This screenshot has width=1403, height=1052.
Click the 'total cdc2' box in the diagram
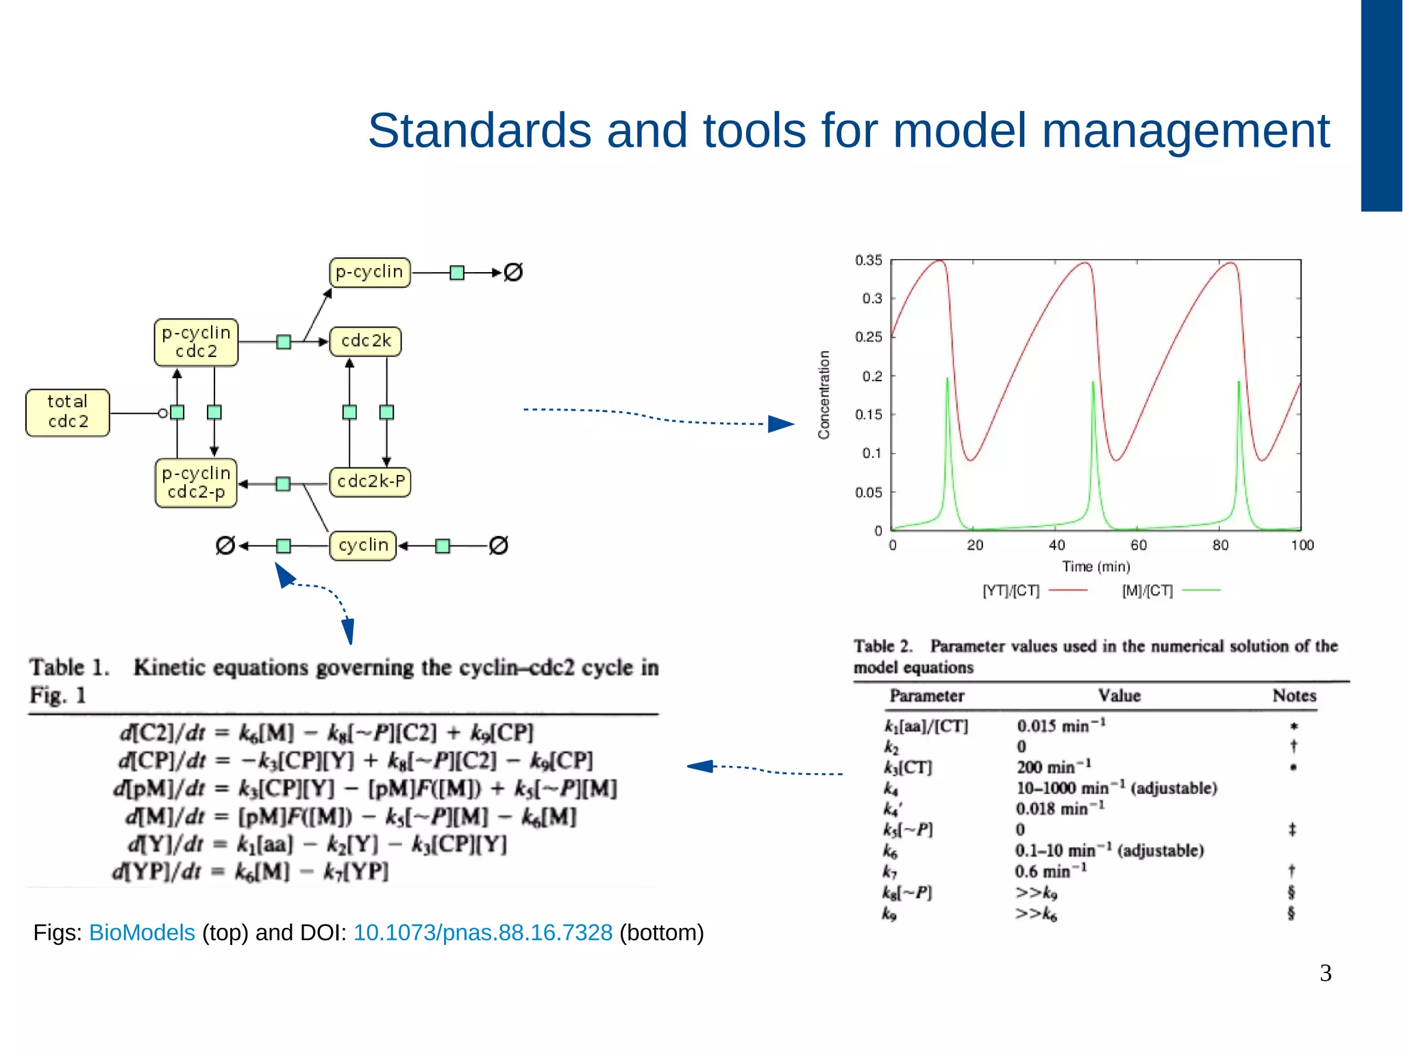tap(67, 412)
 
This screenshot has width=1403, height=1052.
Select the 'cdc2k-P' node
tap(370, 482)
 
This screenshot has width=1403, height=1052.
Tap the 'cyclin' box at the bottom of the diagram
tap(363, 546)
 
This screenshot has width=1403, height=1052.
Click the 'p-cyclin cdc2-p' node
tap(196, 482)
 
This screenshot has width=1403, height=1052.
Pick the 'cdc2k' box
tap(365, 341)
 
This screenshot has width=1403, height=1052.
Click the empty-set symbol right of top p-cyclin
tap(513, 272)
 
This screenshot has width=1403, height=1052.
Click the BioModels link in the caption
tap(142, 933)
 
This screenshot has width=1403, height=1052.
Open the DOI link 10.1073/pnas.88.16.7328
tap(482, 933)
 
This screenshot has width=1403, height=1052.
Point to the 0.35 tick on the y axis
tap(868, 260)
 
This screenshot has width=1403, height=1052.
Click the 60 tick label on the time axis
tap(1138, 546)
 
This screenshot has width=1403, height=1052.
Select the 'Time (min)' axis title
tap(1095, 567)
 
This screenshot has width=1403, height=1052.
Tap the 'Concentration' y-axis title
tap(824, 395)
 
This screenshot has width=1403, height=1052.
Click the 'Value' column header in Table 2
tap(1119, 696)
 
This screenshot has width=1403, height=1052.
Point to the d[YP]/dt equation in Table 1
tap(250, 872)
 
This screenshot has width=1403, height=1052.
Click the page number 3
tap(1325, 973)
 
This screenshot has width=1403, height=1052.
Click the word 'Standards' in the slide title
tap(479, 130)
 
